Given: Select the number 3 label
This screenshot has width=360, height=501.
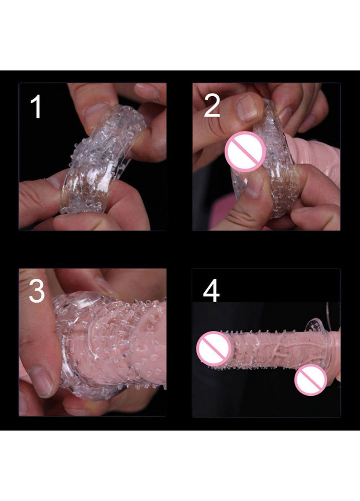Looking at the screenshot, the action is click(37, 291).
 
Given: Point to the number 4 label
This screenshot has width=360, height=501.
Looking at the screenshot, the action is click(211, 290).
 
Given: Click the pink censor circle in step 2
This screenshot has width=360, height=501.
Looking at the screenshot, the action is click(245, 151).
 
